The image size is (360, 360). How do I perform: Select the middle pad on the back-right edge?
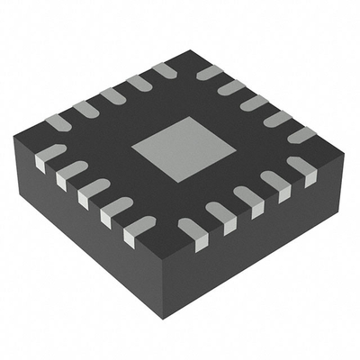pos(254,103)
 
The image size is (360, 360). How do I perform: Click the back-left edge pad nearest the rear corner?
pos(166,70)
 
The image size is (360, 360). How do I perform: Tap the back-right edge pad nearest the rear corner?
pos(209,72)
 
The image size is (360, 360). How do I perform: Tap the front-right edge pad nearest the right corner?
pos(303,170)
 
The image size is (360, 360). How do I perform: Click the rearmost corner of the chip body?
pos(190,50)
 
